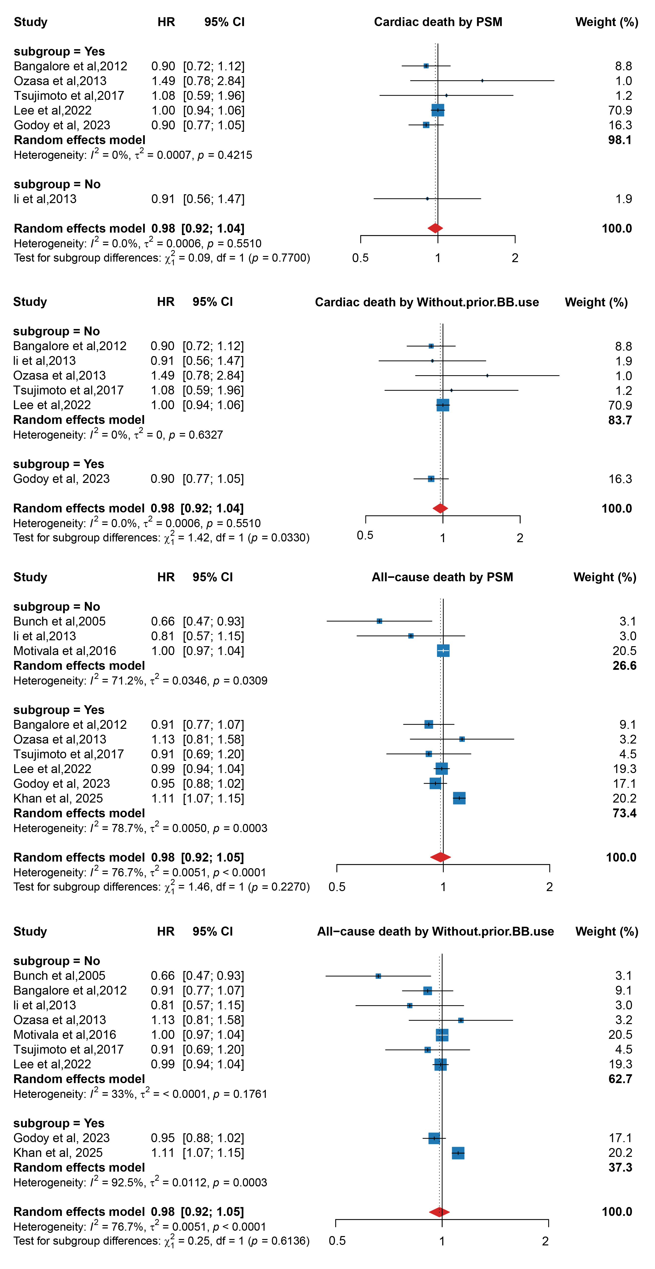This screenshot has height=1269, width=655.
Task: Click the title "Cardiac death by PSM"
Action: click(438, 22)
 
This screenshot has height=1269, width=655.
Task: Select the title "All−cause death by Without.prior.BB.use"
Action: click(436, 932)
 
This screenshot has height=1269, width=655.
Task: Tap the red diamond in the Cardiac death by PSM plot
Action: click(435, 228)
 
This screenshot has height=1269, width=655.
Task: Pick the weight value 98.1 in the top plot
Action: click(620, 140)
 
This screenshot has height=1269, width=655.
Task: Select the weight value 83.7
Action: click(620, 420)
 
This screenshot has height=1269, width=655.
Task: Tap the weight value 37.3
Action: click(620, 1167)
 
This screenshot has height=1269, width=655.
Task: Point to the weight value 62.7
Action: click(620, 1079)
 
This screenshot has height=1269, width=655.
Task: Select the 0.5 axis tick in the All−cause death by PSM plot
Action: click(337, 887)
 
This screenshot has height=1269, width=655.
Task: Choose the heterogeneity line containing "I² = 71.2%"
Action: click(140, 680)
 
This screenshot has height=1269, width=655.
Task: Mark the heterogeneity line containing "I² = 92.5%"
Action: click(140, 1182)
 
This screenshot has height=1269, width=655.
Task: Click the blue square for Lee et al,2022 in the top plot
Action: click(438, 110)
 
